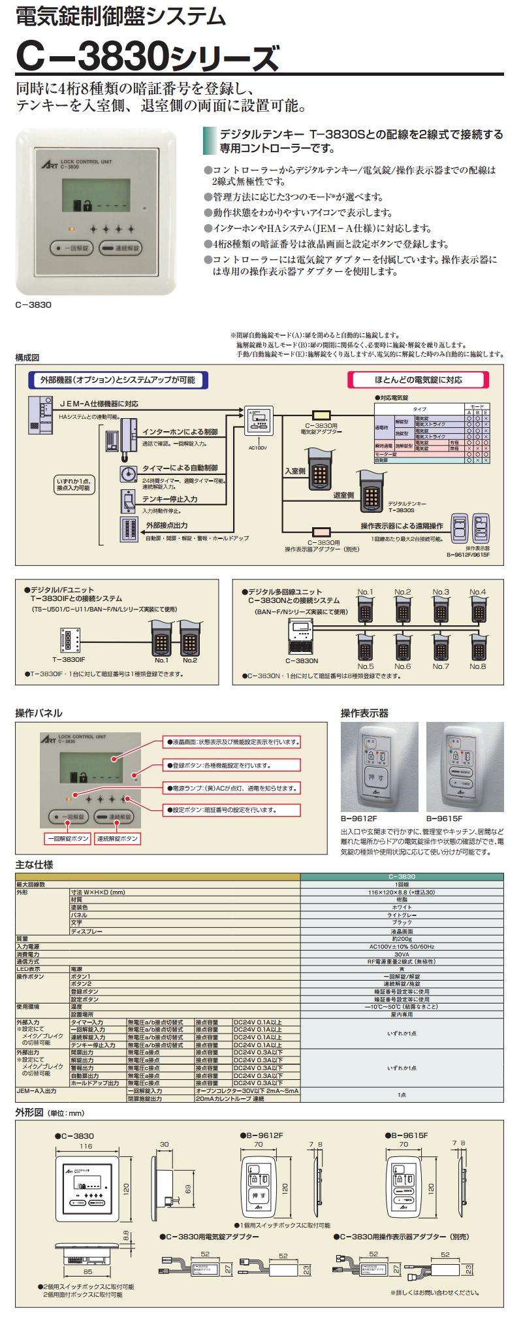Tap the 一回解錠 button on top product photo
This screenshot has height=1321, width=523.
point(73,248)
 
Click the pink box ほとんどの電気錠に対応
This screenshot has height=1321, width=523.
point(418,380)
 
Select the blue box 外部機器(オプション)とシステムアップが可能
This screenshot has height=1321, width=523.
point(118,380)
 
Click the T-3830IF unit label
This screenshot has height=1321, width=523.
point(65,660)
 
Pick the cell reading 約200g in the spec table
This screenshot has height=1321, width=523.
point(402,939)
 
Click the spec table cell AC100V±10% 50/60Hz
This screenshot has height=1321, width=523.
point(402,947)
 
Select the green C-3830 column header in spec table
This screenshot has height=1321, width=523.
point(402,877)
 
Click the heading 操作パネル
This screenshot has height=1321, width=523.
point(39,713)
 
